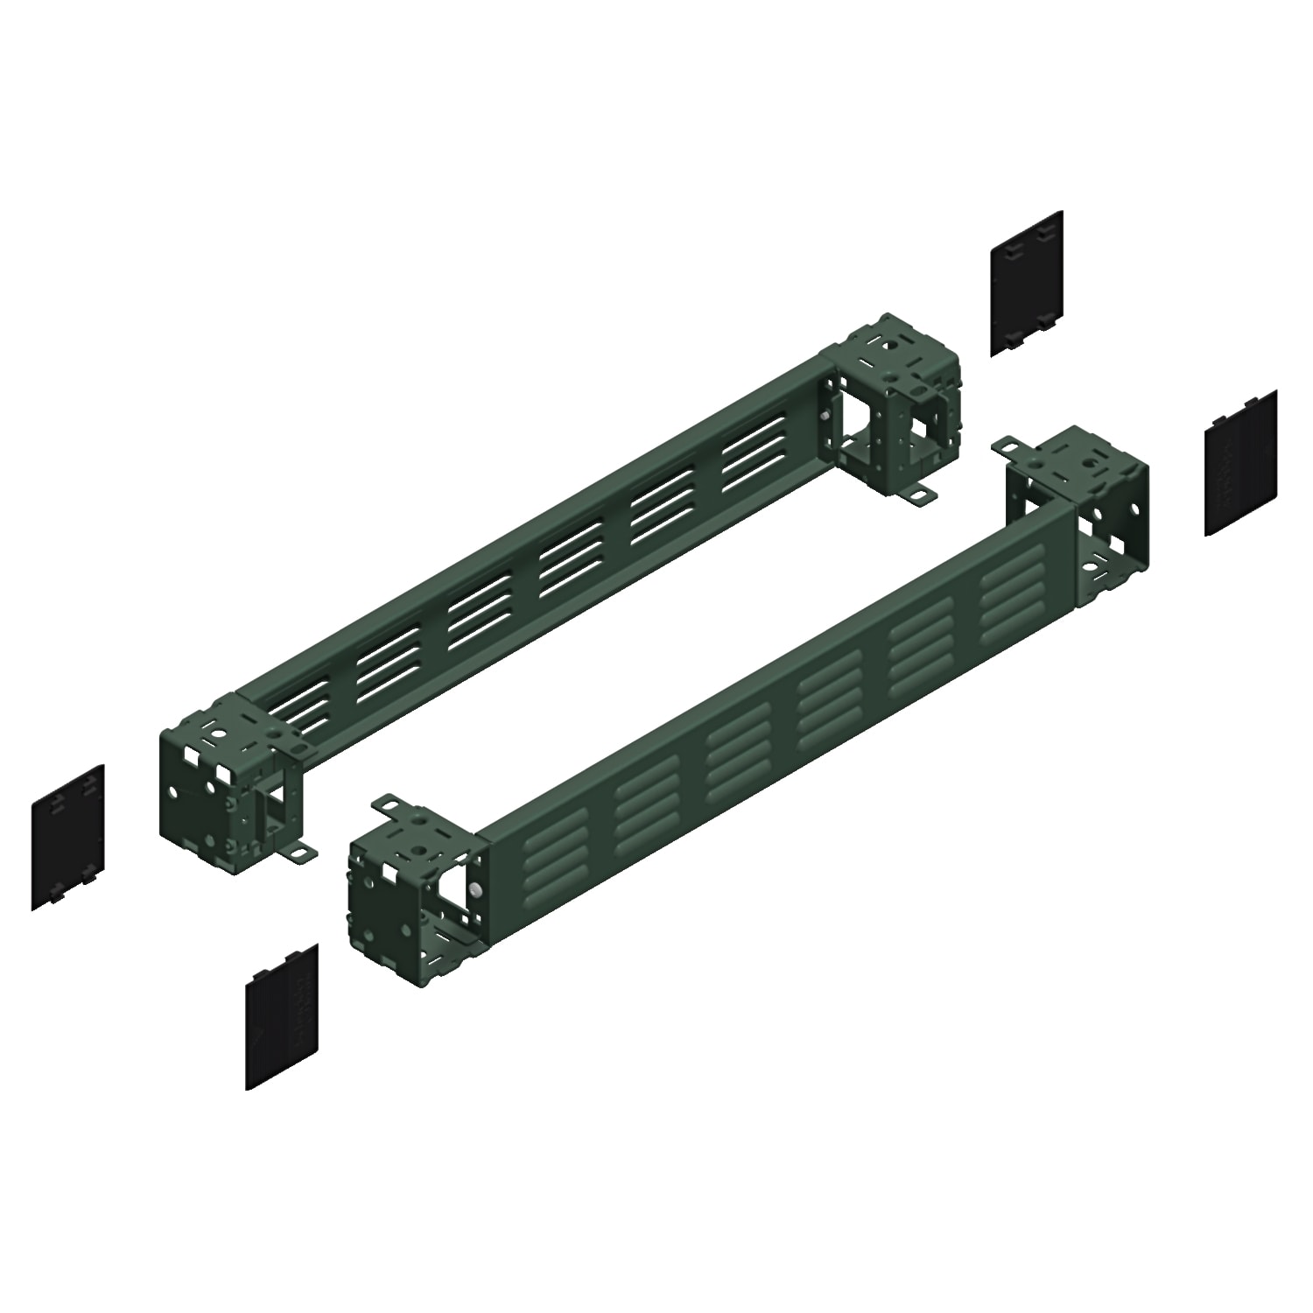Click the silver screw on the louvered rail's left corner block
point(473,889)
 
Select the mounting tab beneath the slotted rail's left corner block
point(300,850)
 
